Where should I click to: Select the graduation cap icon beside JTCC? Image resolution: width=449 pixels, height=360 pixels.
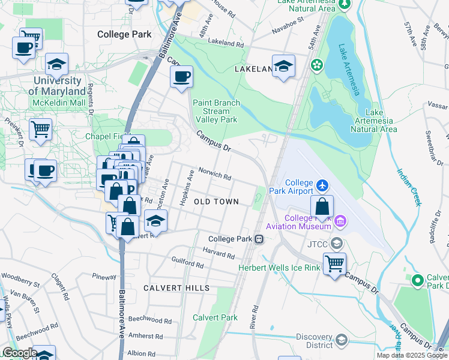tap(337, 243)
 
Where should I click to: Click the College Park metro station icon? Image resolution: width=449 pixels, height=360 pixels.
tap(259, 239)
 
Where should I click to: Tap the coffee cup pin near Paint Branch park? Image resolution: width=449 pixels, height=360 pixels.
tap(181, 77)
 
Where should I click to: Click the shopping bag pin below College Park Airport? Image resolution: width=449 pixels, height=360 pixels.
tap(322, 206)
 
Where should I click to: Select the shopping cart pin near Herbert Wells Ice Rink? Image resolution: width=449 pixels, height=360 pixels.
tap(334, 263)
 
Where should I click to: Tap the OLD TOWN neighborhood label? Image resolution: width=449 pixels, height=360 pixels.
tap(216, 202)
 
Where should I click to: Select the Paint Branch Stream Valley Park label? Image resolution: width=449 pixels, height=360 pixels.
tap(215, 111)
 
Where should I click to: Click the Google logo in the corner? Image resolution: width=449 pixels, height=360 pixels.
tap(19, 353)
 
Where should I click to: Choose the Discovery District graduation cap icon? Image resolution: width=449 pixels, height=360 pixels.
tap(341, 340)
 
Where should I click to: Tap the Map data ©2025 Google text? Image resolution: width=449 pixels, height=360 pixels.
tap(412, 355)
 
